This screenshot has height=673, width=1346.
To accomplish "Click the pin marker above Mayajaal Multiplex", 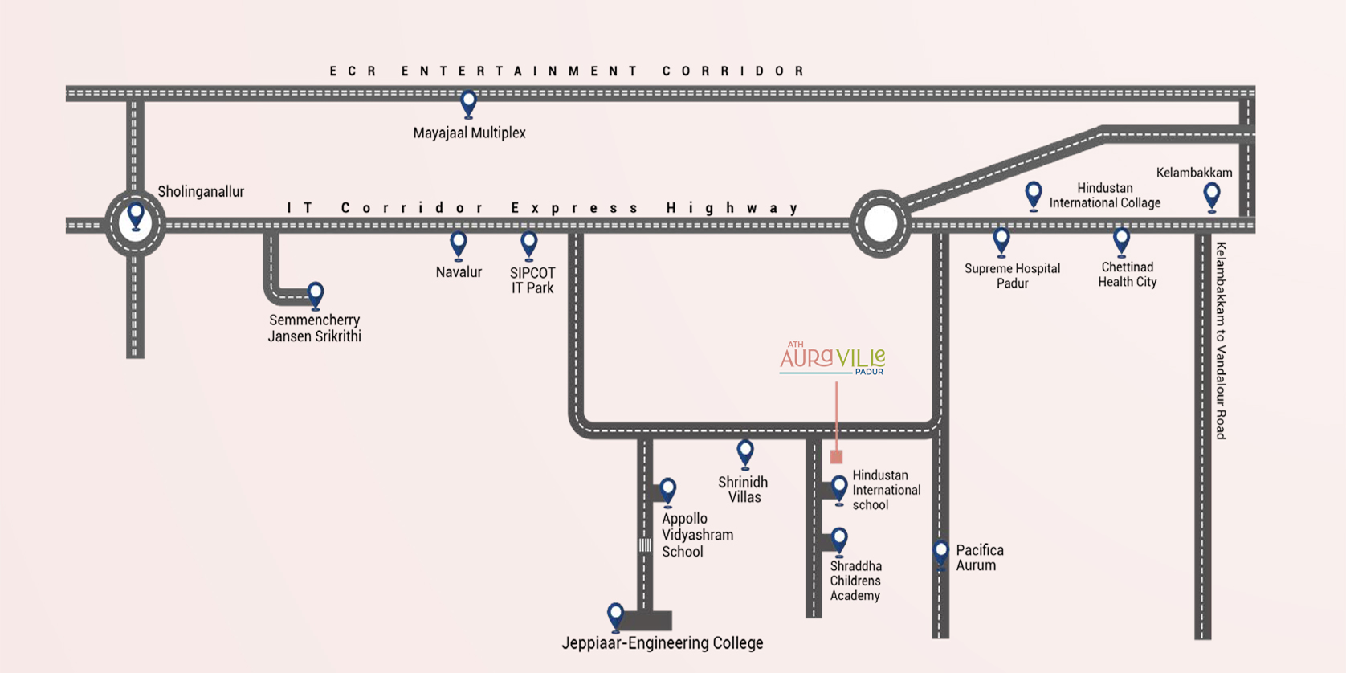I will click(x=468, y=104).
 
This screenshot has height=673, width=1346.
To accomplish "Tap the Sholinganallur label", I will click(x=201, y=192).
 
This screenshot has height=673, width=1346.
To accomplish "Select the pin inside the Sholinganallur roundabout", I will click(x=136, y=216).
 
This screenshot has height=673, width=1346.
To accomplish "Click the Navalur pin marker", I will click(x=459, y=244).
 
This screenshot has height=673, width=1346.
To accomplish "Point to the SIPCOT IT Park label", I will click(x=532, y=280).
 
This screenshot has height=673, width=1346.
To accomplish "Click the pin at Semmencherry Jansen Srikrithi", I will click(x=316, y=295).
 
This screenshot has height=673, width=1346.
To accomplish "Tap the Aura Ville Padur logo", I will click(x=832, y=358).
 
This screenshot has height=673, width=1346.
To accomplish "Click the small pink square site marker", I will click(x=836, y=457).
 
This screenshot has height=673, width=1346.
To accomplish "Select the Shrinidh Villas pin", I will click(x=745, y=453).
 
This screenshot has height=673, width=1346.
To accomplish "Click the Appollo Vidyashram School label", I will click(x=696, y=535).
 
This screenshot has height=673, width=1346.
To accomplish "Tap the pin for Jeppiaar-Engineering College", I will click(x=615, y=616).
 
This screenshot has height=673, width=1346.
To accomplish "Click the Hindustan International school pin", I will click(x=839, y=488).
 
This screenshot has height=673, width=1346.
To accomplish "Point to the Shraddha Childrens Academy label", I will click(x=855, y=581).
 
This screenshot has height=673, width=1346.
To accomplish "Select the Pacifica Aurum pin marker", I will click(x=941, y=553).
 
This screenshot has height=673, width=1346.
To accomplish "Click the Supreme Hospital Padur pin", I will click(x=1001, y=241).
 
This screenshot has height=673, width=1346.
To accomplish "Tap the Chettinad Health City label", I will click(x=1127, y=275).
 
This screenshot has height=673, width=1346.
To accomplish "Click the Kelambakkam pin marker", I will click(x=1212, y=195).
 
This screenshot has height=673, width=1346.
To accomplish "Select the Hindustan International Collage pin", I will click(x=1034, y=194).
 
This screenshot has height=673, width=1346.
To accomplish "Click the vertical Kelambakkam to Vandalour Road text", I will click(x=1221, y=341).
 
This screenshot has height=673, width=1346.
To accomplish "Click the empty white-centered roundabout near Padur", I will click(x=880, y=224).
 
